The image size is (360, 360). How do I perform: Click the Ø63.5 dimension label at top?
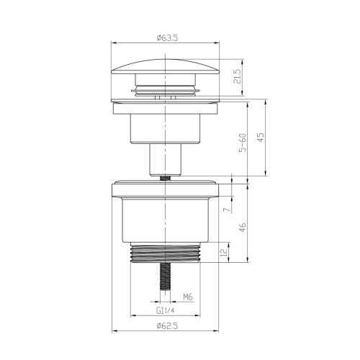pos(166,36)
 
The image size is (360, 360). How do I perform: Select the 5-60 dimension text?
pos(243,140)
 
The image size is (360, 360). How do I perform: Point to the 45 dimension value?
pos(262,138)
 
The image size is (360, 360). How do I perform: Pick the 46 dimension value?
pos(243,226)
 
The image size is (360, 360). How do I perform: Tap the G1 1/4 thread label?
pos(166,310)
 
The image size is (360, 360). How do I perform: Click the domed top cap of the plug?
pos(166,69)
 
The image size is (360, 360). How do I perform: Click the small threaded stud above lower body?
pos(166,176)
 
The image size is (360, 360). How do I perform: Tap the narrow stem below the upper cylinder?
pos(166,157)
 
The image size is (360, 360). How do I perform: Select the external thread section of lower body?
pos(166,254)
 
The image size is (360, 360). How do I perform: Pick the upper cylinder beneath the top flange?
pos(166,127)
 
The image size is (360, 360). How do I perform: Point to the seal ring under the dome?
pos(166,91)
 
